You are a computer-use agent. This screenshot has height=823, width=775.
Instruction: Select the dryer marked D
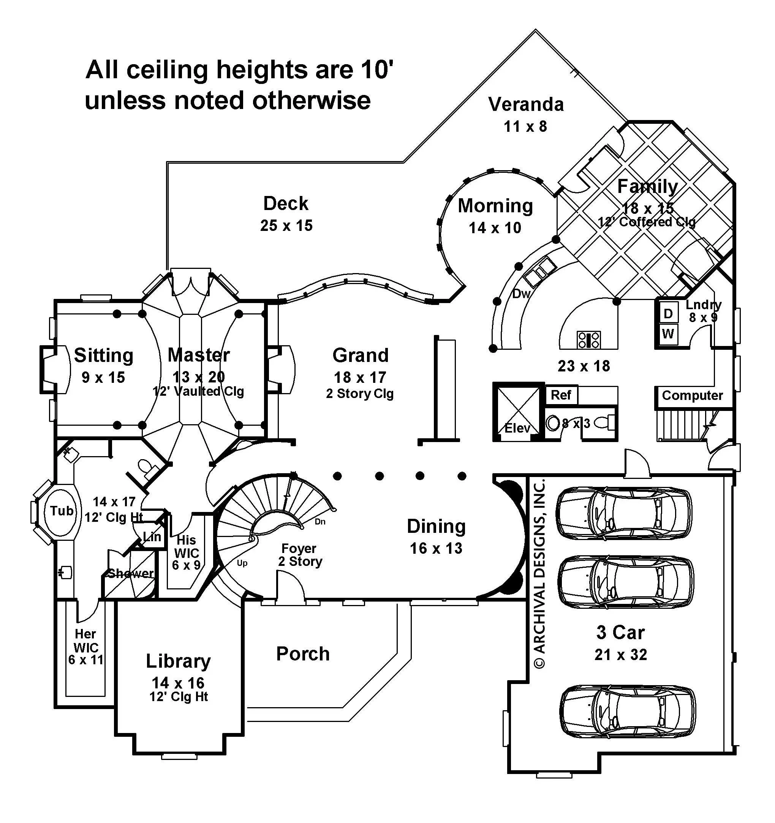[x=668, y=314]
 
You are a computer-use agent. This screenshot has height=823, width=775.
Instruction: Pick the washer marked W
[x=668, y=333]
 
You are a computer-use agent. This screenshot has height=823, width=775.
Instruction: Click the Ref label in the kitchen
[x=561, y=395]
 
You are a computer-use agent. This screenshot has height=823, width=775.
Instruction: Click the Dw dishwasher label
[x=522, y=294]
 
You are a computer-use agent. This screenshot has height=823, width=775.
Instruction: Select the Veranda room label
[x=526, y=104]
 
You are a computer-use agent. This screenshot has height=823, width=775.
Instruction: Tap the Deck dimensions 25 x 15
[x=286, y=226]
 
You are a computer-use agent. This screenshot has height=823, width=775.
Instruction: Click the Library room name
[x=178, y=661]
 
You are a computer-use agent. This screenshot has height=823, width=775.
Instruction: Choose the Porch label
[x=303, y=654]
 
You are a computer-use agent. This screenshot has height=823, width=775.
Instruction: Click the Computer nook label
[x=692, y=395]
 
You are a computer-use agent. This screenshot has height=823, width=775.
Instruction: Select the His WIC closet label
[x=187, y=553]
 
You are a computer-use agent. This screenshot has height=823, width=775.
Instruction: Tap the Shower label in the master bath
[x=130, y=573]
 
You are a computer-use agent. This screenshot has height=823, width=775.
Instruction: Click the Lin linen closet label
[x=152, y=537]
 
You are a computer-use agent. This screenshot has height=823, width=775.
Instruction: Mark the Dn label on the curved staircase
[x=320, y=521]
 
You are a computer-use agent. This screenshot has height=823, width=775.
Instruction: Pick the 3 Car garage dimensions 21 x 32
[x=620, y=654]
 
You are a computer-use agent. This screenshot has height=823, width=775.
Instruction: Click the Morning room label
[x=495, y=206]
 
